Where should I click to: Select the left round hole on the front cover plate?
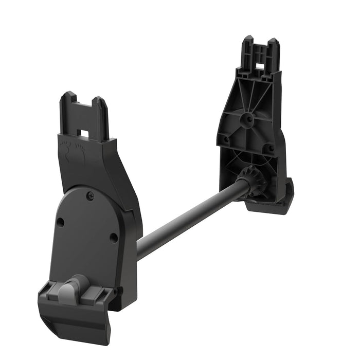coord(60,222)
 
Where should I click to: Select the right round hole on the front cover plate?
coord(113,238)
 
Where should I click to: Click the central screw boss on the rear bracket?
coord(248,118)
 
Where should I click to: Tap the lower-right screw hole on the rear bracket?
coord(271,148)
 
